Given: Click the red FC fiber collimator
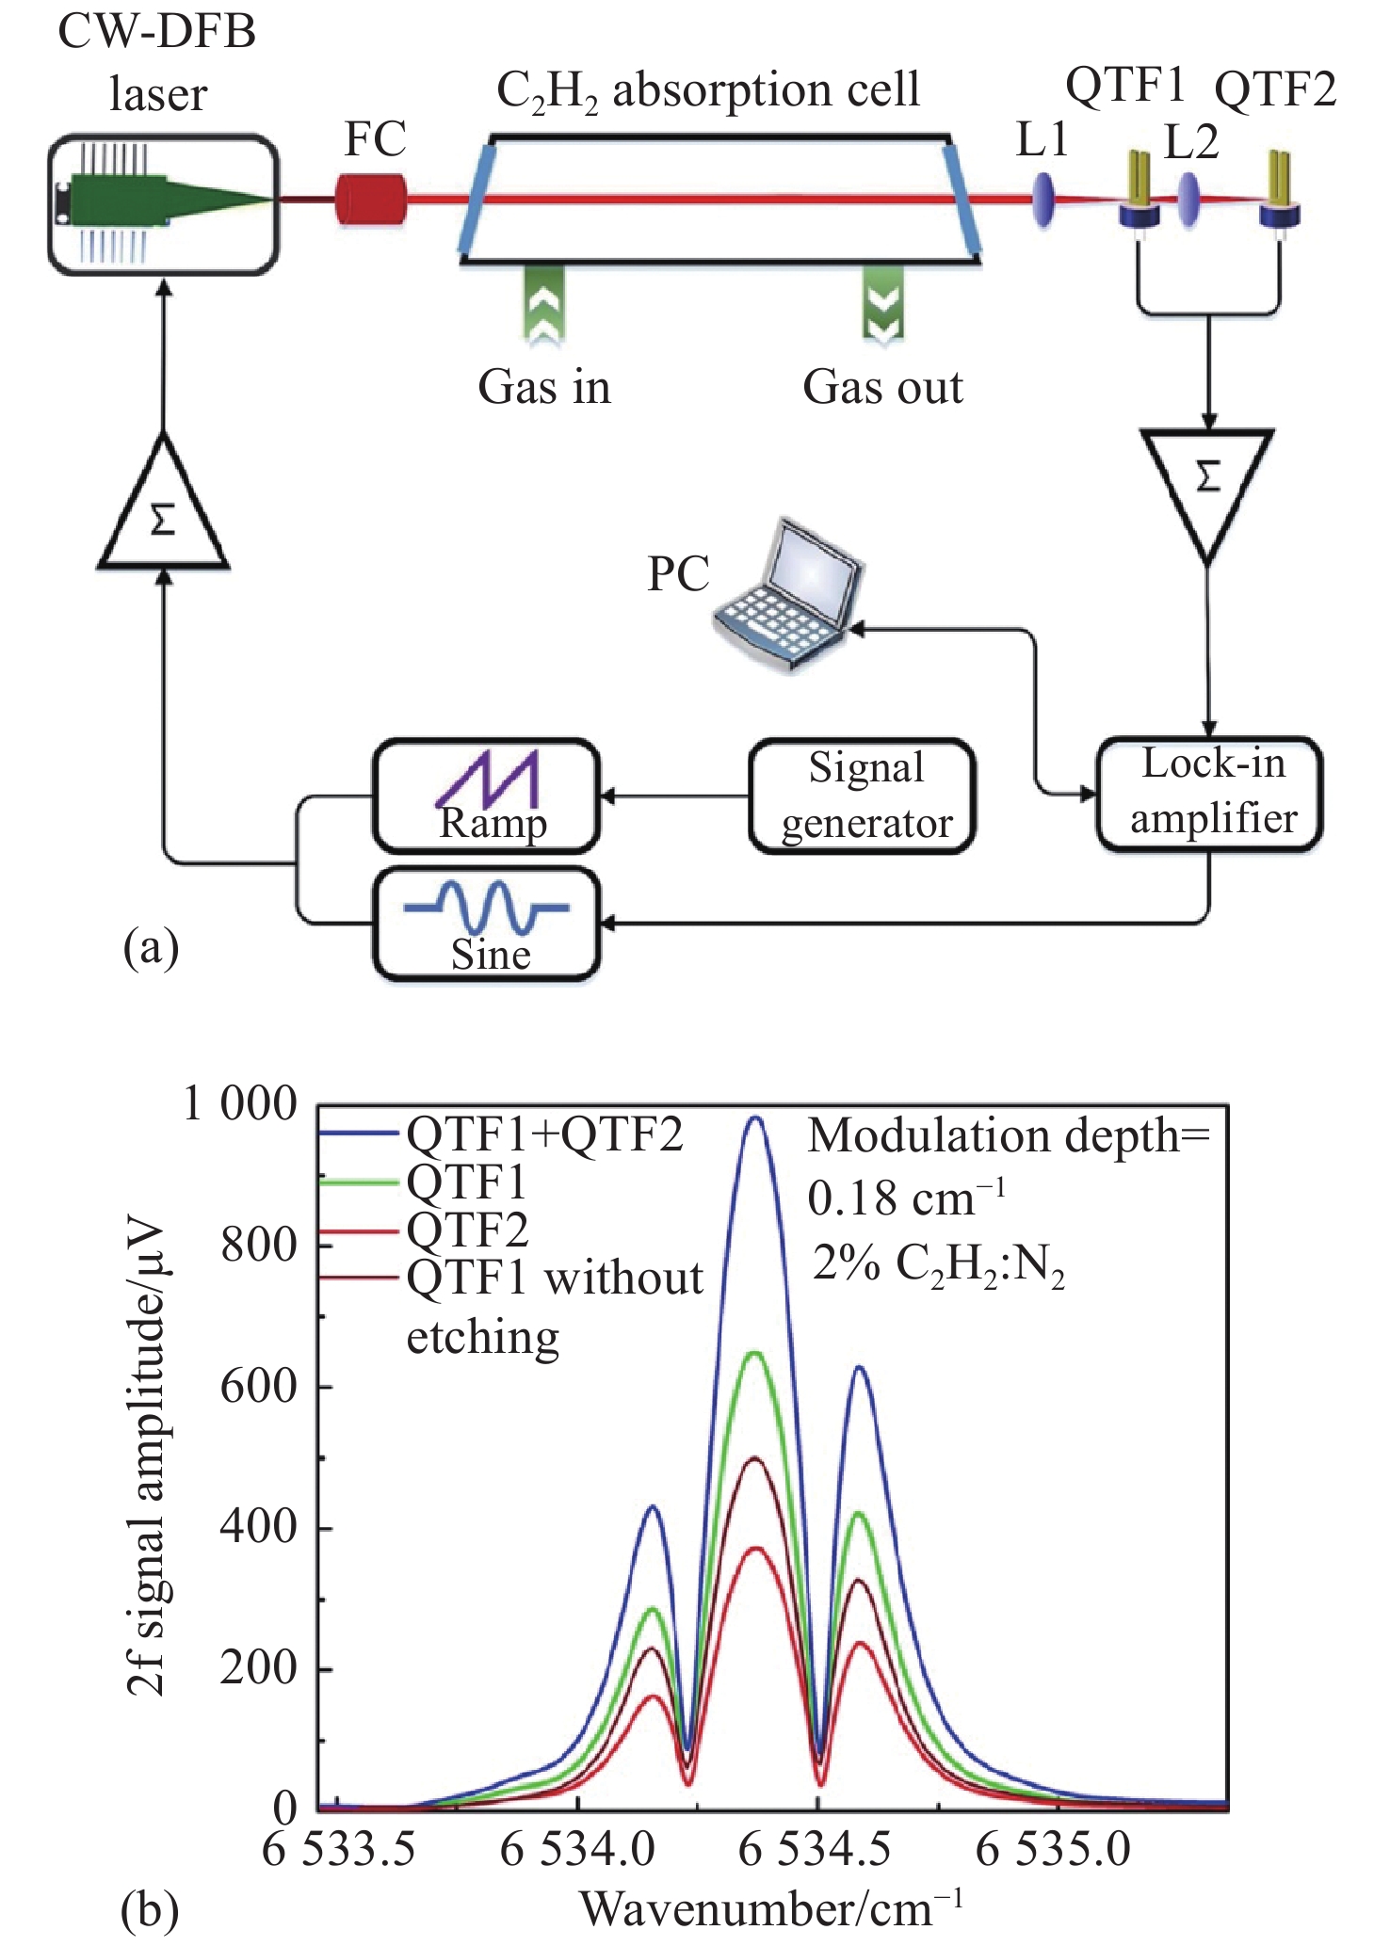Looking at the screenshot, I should (371, 199).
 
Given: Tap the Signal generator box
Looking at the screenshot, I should (862, 796).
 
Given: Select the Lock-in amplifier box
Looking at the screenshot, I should (1210, 793).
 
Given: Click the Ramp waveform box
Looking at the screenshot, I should (487, 796).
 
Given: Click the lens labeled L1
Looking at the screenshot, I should (1043, 199).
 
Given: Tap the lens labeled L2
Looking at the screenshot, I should (1189, 200).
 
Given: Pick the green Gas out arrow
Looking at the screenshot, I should (883, 303).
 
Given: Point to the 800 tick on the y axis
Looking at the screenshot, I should (259, 1246).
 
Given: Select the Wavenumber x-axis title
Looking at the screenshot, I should (771, 1909).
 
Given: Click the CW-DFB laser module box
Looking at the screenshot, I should (164, 204).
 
